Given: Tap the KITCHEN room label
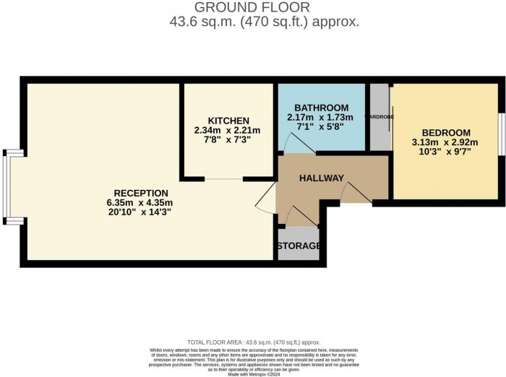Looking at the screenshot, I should pyautogui.click(x=228, y=121).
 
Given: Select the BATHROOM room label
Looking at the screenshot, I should pyautogui.click(x=321, y=108).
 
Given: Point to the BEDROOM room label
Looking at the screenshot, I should pyautogui.click(x=446, y=133).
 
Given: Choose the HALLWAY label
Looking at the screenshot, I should pyautogui.click(x=322, y=178).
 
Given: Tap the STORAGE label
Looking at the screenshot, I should pyautogui.click(x=299, y=246).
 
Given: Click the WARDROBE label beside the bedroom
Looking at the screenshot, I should pyautogui.click(x=378, y=116).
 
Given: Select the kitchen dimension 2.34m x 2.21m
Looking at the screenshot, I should pyautogui.click(x=227, y=130).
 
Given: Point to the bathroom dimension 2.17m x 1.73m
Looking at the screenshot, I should pyautogui.click(x=321, y=117).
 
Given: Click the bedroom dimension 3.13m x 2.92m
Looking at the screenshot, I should pyautogui.click(x=446, y=143).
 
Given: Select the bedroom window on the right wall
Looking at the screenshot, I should pyautogui.click(x=500, y=134).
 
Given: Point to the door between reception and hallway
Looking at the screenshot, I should pyautogui.click(x=266, y=196).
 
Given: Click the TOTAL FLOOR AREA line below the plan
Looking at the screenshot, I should pyautogui.click(x=252, y=342).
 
